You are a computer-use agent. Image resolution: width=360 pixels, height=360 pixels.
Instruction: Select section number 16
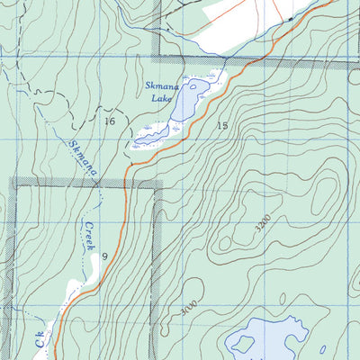(x=110, y=121)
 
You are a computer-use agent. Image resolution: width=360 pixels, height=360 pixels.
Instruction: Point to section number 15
(x=222, y=125)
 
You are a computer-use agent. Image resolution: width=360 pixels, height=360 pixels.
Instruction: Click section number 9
(x=105, y=256)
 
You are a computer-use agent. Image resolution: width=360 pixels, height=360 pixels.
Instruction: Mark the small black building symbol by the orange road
(x=292, y=18)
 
